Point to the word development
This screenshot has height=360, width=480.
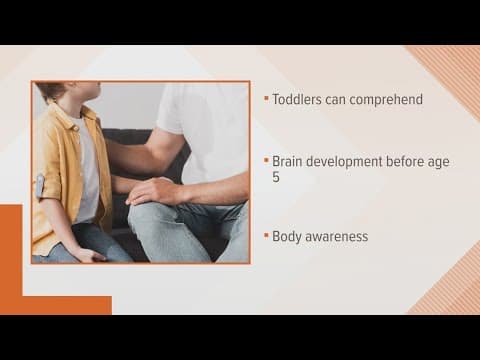(x=351, y=160)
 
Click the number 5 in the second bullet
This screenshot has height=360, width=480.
(x=276, y=177)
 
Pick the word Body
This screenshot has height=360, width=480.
(x=288, y=237)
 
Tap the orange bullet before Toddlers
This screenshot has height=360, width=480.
(x=266, y=99)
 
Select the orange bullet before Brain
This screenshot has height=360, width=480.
(x=266, y=160)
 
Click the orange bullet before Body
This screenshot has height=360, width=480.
(x=266, y=237)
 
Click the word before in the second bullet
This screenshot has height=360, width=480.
(x=414, y=160)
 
